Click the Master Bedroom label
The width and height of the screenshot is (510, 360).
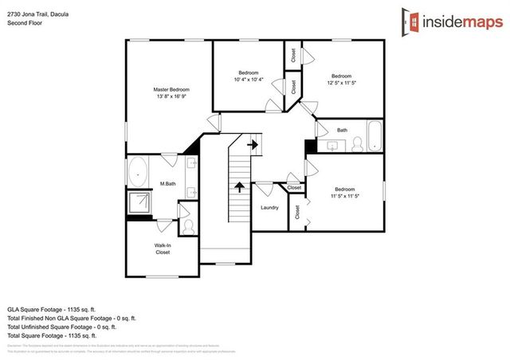[x=171, y=89]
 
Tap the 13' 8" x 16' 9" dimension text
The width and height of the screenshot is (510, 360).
[x=171, y=97]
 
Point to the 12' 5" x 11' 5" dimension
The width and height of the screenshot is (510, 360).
[x=341, y=83]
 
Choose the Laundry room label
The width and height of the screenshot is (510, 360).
[x=269, y=208]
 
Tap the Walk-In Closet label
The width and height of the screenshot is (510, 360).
[x=163, y=248]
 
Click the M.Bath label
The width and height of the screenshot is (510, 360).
[x=167, y=184]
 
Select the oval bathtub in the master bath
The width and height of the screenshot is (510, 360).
[x=138, y=171]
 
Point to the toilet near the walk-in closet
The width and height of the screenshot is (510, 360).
[x=188, y=226]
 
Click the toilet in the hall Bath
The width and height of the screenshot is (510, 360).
[x=357, y=143]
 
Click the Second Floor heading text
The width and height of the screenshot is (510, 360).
[x=25, y=23]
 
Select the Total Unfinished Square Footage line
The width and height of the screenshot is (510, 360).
[x=61, y=327]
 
